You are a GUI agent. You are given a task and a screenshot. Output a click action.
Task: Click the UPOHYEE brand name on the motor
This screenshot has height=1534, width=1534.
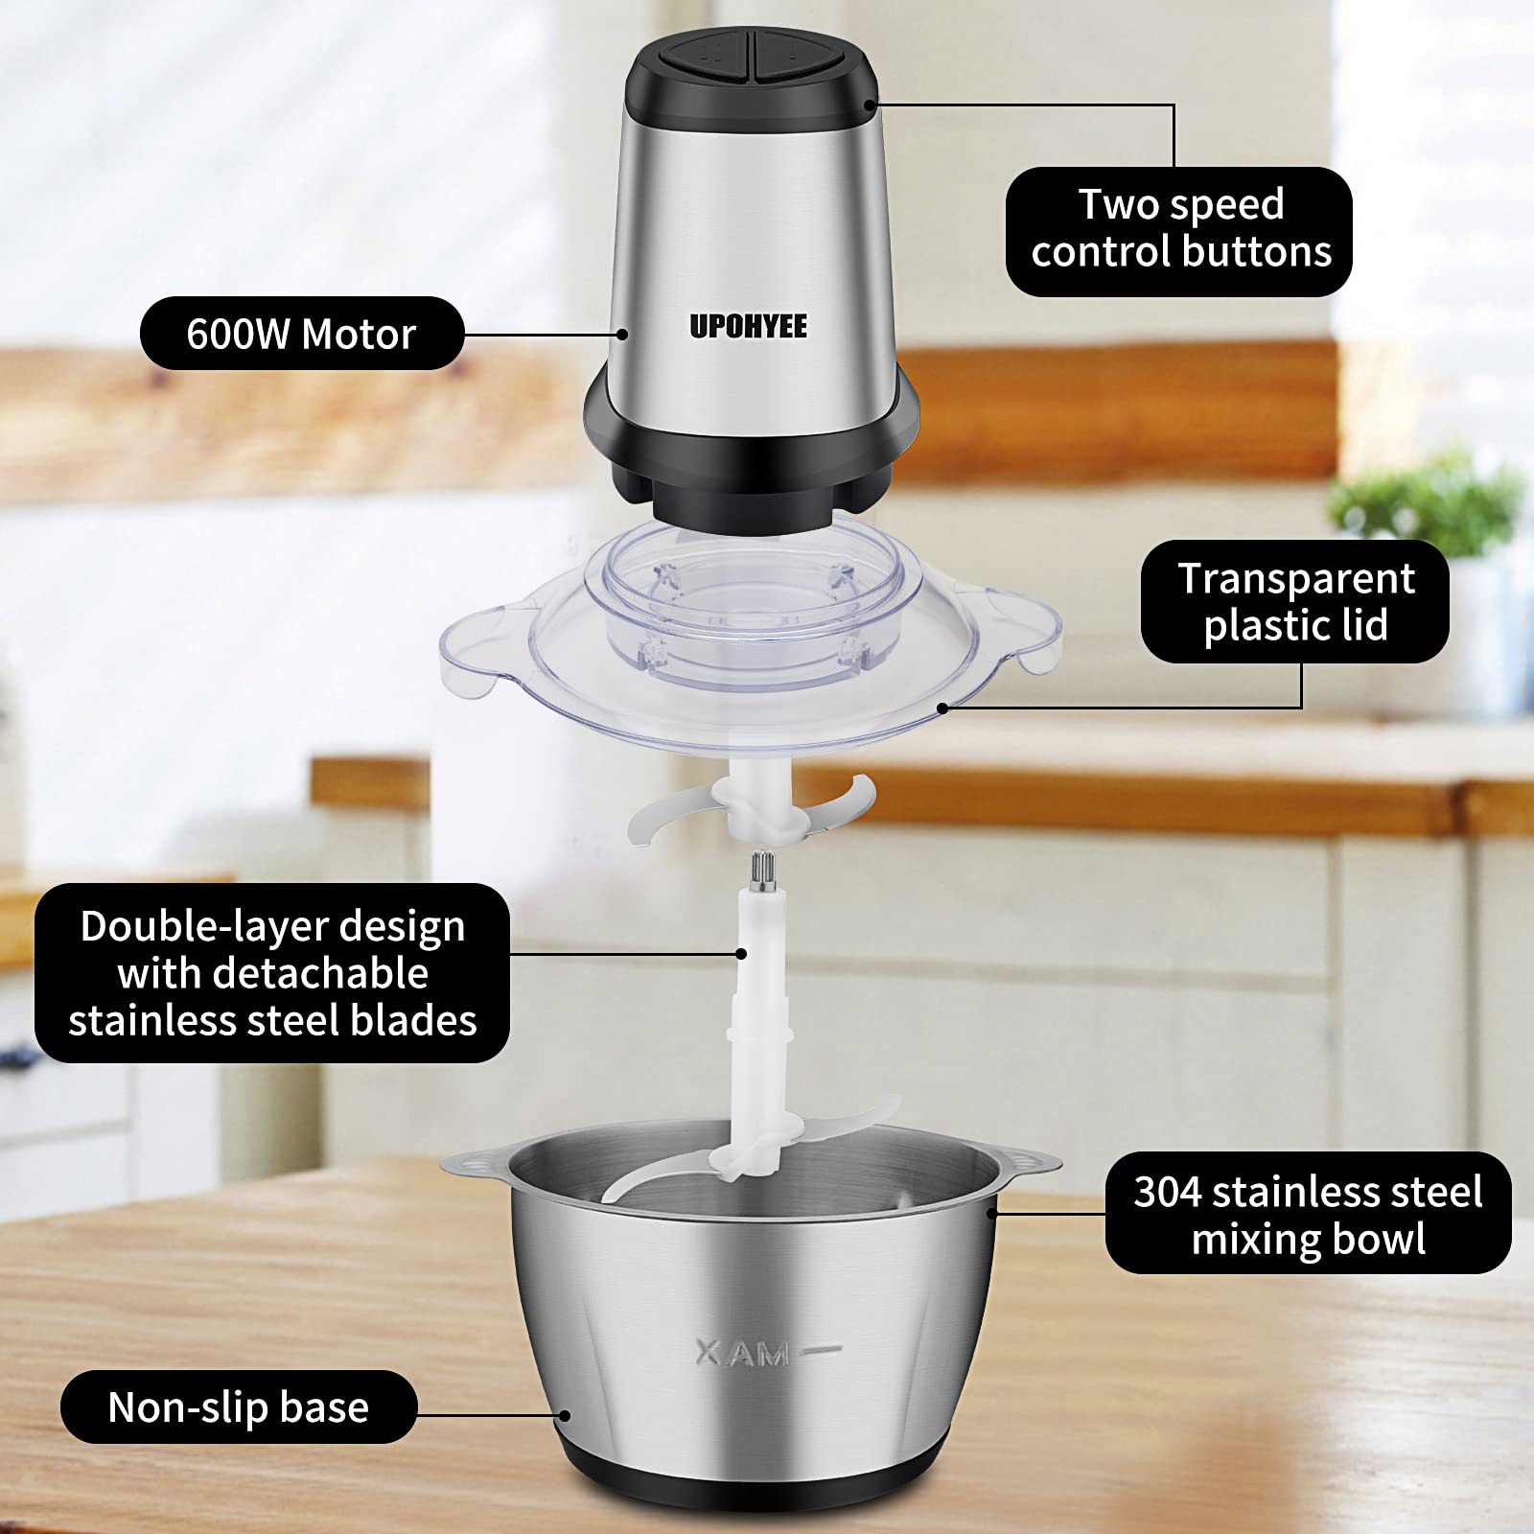click(748, 326)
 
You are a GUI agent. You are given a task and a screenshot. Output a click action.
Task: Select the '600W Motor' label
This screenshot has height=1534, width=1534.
click(302, 334)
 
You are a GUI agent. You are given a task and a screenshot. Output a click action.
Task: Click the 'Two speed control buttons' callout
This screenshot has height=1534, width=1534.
click(1179, 231)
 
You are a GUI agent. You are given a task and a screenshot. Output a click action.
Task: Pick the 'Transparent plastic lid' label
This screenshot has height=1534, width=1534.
click(1295, 602)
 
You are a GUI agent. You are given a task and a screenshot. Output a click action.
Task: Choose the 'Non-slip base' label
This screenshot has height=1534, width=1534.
click(239, 1407)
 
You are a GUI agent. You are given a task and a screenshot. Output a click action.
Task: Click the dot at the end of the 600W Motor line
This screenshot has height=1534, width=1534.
click(622, 335)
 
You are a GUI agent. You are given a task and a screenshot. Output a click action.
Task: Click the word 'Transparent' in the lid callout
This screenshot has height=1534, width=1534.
click(1296, 578)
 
